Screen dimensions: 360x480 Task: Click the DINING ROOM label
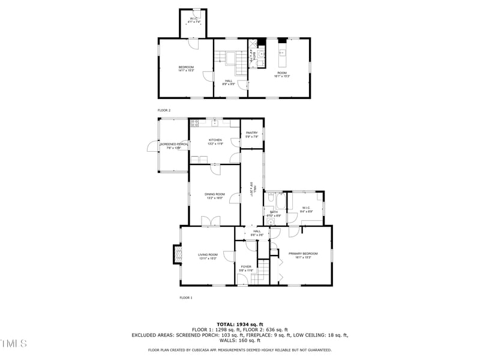pos(214,194)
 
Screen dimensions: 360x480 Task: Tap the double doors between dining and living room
pos(209,223)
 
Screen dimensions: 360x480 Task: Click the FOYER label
pos(246,266)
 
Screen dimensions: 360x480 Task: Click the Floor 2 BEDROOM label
pos(186,67)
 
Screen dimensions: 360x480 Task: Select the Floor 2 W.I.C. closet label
pos(194,19)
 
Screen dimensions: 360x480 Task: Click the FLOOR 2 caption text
pos(164,110)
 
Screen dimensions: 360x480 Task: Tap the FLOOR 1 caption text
pos(186,298)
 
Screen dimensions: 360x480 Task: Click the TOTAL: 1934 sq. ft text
pos(239,324)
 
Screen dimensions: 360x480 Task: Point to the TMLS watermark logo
pos(13,343)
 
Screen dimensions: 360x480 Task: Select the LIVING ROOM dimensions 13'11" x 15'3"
pos(208,259)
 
